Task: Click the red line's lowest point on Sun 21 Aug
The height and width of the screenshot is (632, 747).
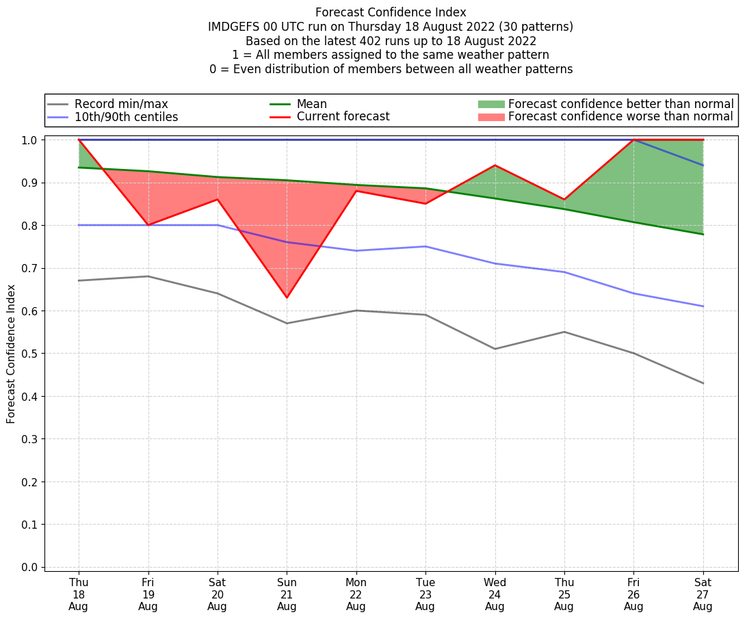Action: tap(287, 298)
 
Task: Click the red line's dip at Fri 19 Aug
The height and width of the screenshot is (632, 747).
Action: tap(148, 225)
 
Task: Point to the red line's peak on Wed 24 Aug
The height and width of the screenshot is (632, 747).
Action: tap(495, 166)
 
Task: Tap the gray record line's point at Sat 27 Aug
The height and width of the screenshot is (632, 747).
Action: tap(703, 383)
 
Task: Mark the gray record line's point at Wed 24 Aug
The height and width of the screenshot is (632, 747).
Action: tap(495, 349)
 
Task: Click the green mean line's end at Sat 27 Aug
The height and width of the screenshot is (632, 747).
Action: tap(703, 234)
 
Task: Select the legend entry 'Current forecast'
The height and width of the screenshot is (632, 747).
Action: tap(343, 117)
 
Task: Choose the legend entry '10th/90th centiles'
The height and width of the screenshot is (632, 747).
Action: tap(126, 117)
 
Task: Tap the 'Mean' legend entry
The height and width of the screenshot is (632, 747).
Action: tap(311, 104)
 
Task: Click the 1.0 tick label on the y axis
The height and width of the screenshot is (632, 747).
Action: tap(31, 140)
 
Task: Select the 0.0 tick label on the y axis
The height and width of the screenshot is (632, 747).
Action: tap(31, 567)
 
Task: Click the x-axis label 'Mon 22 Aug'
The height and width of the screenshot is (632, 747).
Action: tap(356, 594)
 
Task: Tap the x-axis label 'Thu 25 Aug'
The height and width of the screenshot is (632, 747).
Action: tap(564, 594)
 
